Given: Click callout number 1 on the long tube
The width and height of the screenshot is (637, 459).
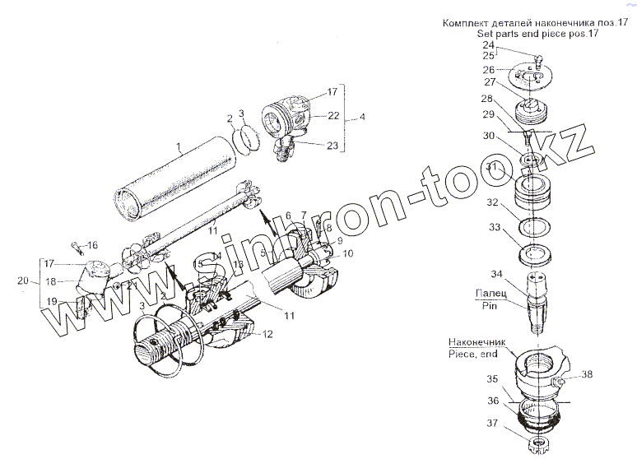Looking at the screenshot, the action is (178, 149).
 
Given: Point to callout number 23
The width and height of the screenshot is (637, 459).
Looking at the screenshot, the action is (332, 146).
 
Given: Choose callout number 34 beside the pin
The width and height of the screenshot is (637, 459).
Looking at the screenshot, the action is (495, 273).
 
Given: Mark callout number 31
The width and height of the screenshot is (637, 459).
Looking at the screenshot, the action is (492, 167).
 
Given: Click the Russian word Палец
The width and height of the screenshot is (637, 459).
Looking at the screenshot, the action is (489, 292).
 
